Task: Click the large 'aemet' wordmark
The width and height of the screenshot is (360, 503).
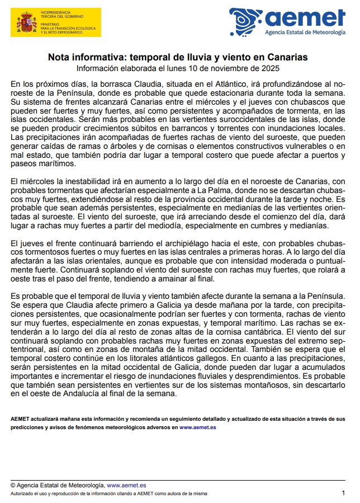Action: tap(305, 18)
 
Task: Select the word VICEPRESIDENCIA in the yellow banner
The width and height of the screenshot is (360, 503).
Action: tap(56, 10)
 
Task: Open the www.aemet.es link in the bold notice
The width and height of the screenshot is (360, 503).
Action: tap(198, 427)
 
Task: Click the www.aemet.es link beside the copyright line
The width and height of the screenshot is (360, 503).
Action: tap(126, 485)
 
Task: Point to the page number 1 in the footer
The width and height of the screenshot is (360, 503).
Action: tap(343, 493)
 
